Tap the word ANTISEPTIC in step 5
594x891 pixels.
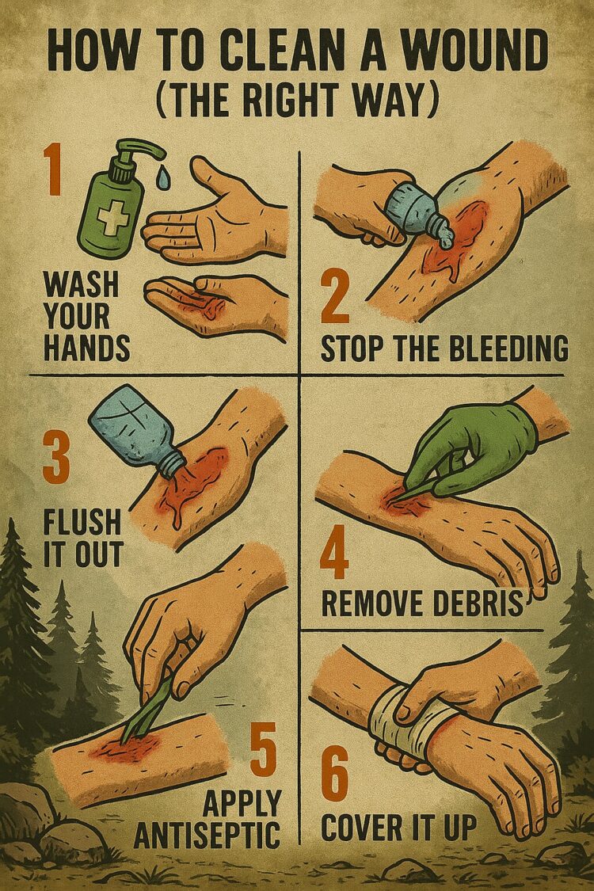coord(208,833)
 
